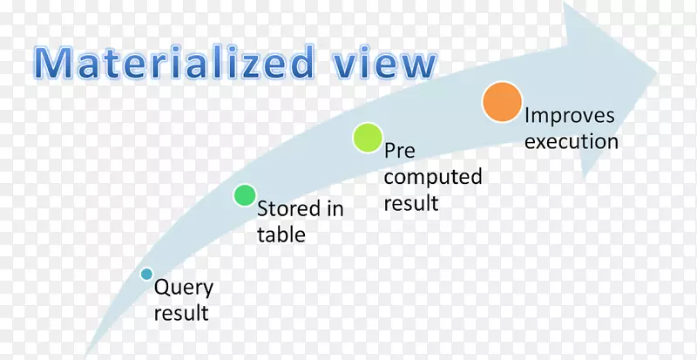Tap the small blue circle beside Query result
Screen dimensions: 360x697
(147, 274)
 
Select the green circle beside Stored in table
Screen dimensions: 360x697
(245, 195)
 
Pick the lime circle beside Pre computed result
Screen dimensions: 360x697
(367, 137)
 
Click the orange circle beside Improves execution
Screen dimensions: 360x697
(502, 101)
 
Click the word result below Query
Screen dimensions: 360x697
(180, 311)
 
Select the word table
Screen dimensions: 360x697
(281, 234)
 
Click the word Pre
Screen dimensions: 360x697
(400, 151)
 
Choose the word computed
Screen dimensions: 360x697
(433, 177)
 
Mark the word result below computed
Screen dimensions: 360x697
(410, 204)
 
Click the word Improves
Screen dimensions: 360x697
(569, 116)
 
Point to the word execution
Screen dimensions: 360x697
(571, 141)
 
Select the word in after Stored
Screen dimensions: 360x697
(335, 209)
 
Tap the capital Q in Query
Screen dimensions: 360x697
(160, 288)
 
